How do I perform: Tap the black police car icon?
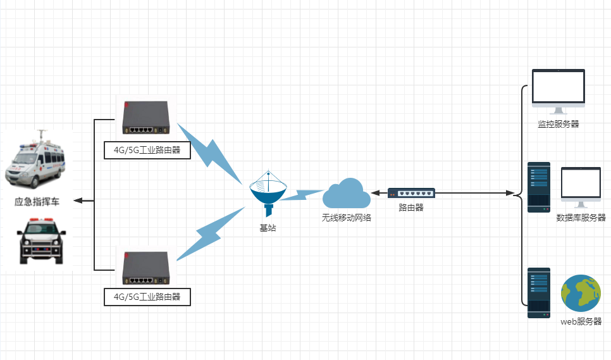pos(41,242)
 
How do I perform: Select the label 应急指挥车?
pos(37,202)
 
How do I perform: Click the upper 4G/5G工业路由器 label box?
pos(147,151)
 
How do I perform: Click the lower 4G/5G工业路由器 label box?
pos(147,297)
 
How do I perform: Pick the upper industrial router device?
pos(146,118)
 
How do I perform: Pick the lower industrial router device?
pos(146,268)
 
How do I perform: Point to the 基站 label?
pos(268,228)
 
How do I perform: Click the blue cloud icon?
pos(347,193)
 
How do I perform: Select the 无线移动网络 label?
pos(347,218)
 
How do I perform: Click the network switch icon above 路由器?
pos(411,193)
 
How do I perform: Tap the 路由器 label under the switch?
pos(411,208)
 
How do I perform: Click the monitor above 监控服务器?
pos(559,91)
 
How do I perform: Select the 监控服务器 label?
pos(559,124)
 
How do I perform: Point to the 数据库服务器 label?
pos(581,218)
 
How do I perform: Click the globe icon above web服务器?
pos(581,294)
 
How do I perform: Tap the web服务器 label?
pos(581,322)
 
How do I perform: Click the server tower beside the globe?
pos(539,293)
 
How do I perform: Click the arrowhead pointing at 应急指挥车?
pos(78,201)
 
